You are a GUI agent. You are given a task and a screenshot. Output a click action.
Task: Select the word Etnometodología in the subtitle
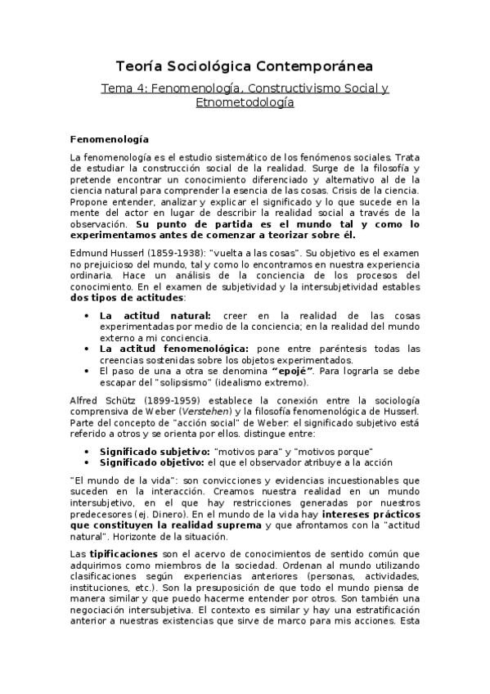[x=245, y=103]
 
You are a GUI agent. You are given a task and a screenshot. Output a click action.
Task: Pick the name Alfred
[x=85, y=400]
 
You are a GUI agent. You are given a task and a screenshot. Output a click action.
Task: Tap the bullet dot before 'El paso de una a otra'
[x=88, y=369]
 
